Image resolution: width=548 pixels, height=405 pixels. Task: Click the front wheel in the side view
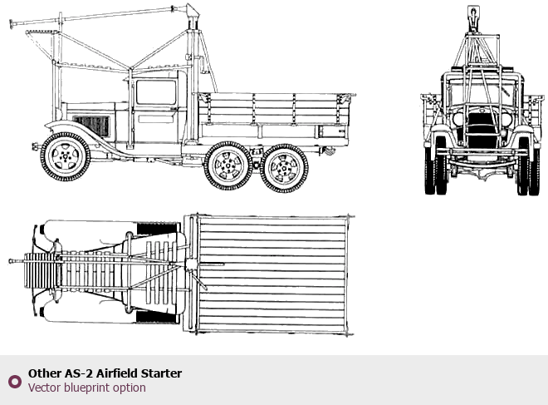(x=66, y=156)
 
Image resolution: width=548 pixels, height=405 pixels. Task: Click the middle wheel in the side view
(x=228, y=165)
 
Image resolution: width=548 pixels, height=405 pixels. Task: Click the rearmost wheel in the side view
(x=284, y=168)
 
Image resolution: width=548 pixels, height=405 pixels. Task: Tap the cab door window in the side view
(x=156, y=92)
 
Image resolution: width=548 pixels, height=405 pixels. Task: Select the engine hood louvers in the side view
(x=91, y=126)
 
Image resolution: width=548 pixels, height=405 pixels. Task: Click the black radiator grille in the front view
(x=482, y=130)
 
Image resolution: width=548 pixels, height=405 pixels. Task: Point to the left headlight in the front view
(x=458, y=119)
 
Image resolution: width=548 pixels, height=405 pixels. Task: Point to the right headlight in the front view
(x=506, y=119)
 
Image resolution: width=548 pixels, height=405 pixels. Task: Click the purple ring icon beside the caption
(x=15, y=381)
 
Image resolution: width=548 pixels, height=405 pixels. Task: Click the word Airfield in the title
(x=117, y=373)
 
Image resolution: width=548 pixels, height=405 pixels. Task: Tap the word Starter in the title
(x=161, y=373)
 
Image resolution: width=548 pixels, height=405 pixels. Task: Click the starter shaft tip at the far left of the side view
(x=11, y=24)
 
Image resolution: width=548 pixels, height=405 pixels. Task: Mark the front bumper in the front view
(x=482, y=152)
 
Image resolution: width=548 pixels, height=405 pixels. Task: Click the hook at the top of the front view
(x=473, y=17)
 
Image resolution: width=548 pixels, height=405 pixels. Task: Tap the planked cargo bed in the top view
(x=272, y=274)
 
